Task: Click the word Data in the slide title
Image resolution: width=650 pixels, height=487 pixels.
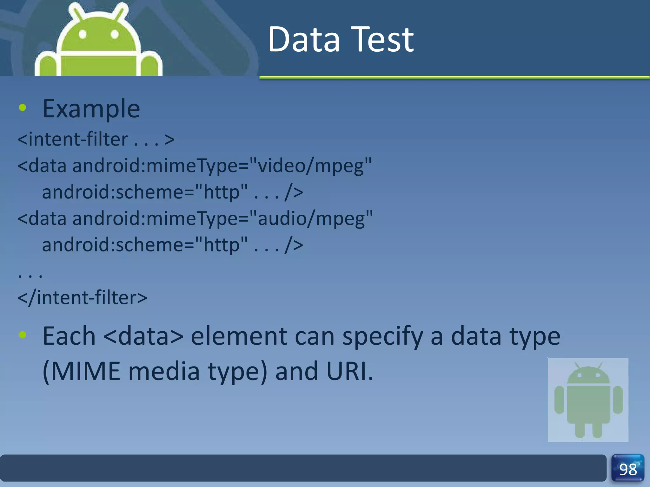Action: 304,40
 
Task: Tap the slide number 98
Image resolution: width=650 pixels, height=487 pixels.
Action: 628,470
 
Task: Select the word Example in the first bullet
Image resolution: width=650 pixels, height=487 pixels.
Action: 91,109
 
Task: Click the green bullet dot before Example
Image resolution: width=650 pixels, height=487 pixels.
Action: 23,108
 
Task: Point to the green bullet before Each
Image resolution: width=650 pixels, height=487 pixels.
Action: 23,334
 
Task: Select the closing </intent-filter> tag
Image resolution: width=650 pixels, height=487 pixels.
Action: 82,298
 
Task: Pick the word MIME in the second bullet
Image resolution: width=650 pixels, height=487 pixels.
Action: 85,371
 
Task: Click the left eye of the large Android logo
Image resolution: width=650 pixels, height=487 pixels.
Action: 83,34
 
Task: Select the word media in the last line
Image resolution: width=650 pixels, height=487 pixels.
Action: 164,371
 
